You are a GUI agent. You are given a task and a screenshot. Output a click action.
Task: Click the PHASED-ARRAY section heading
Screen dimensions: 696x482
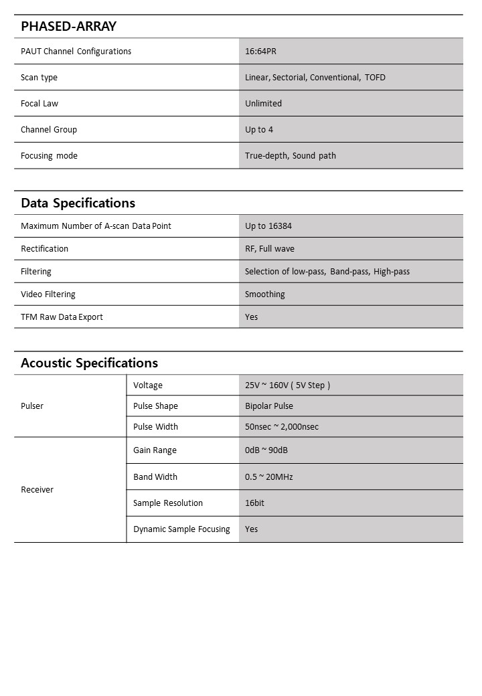coord(68,27)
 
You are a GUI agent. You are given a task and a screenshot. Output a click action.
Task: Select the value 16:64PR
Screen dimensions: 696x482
coord(260,52)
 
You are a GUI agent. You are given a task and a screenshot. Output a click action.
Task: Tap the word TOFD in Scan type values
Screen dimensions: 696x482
coord(375,78)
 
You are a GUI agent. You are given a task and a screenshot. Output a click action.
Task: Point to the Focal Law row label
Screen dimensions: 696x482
coord(39,104)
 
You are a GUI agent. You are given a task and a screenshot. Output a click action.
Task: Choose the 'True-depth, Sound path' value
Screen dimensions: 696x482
coord(291,156)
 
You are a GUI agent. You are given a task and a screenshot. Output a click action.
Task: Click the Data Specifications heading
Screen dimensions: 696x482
coord(78,203)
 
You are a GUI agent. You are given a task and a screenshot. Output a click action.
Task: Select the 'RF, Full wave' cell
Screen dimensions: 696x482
coord(270,249)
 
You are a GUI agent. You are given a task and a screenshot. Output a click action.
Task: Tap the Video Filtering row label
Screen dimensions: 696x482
coord(48,294)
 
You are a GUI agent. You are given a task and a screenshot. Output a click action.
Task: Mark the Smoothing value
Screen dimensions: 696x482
coord(265,294)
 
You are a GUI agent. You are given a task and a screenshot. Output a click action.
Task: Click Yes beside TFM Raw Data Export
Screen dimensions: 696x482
coord(252,317)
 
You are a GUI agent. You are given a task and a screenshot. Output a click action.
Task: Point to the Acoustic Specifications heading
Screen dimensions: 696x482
coord(89,363)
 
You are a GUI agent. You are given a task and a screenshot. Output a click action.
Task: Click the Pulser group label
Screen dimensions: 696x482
coord(32,406)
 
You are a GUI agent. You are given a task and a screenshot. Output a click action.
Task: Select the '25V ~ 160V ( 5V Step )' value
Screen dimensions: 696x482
coord(288,385)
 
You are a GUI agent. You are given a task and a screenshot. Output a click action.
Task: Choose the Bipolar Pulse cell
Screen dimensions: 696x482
coord(269,406)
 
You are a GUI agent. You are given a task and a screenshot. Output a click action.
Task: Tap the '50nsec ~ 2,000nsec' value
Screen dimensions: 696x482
coord(282,427)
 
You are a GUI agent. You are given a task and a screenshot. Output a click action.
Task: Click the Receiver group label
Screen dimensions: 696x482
coord(37,490)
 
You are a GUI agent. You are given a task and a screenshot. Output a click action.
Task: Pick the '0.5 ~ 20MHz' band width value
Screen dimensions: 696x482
coord(269,477)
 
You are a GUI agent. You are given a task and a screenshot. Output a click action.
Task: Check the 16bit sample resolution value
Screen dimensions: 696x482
coord(254,503)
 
